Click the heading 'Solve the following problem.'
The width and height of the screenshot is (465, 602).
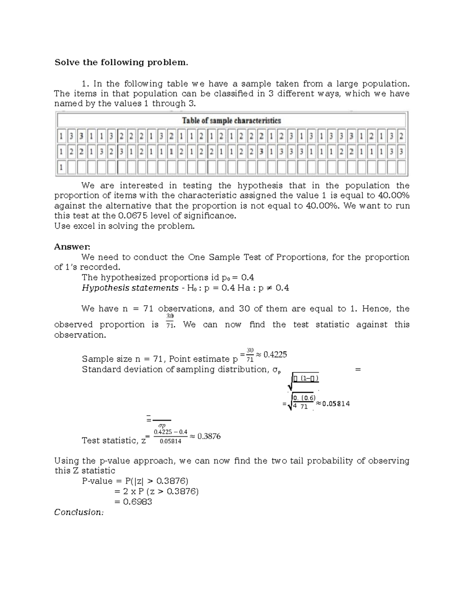pyautogui.click(x=121, y=62)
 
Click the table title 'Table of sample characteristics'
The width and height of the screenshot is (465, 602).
pyautogui.click(x=231, y=121)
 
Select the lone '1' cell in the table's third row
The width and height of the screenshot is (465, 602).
pyautogui.click(x=61, y=168)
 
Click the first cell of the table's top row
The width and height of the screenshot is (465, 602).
pyautogui.click(x=61, y=136)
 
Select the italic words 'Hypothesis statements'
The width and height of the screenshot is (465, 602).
pyautogui.click(x=130, y=288)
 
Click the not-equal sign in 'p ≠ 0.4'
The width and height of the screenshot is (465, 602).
pyautogui.click(x=269, y=288)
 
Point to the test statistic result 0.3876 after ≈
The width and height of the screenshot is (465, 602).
pyautogui.click(x=209, y=436)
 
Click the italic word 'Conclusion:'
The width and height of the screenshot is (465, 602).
pyautogui.click(x=79, y=512)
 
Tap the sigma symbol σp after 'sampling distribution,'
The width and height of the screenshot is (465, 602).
pyautogui.click(x=276, y=370)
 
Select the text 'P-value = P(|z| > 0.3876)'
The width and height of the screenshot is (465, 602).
pyautogui.click(x=135, y=481)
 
